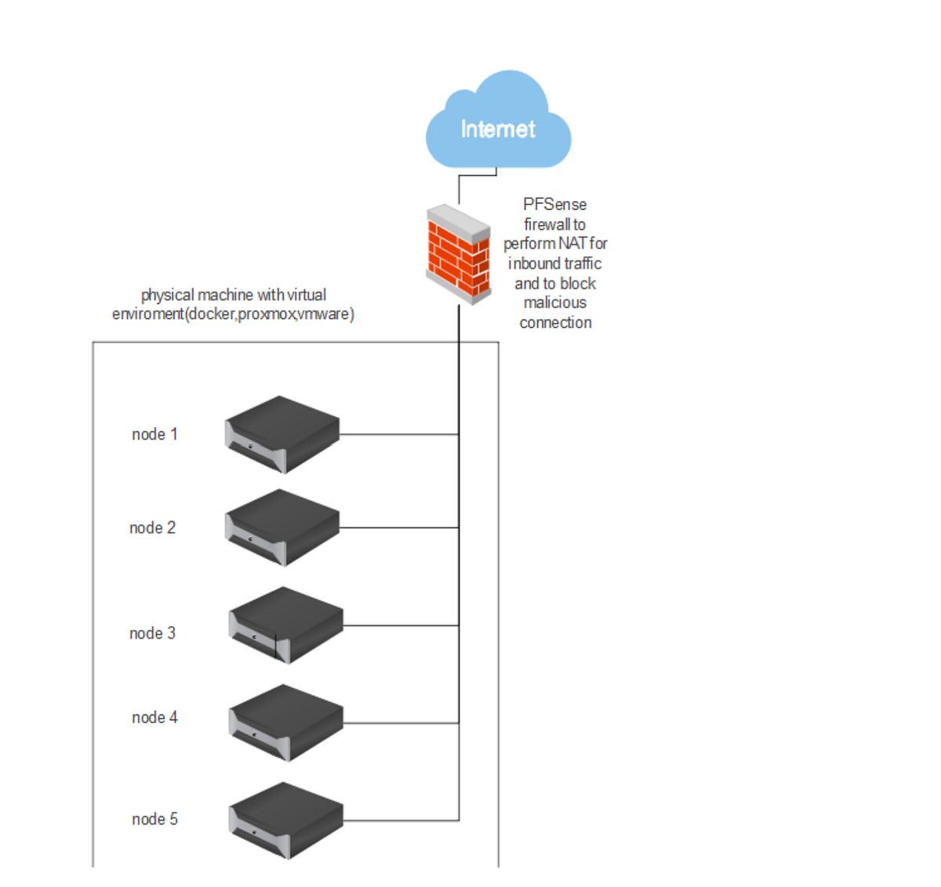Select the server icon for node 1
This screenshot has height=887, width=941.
click(x=282, y=434)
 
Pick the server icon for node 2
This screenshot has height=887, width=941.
click(x=282, y=527)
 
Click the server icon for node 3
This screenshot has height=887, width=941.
click(x=285, y=625)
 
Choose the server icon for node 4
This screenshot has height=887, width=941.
click(x=285, y=722)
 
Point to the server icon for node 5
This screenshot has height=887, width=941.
click(x=285, y=820)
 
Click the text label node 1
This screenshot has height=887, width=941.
click(x=154, y=434)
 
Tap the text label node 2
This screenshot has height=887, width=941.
click(x=152, y=528)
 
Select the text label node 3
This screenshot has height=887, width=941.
click(x=152, y=633)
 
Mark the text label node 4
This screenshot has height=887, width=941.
click(x=154, y=718)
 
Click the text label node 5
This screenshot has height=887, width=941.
click(x=154, y=820)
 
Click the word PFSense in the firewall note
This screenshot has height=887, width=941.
click(x=554, y=205)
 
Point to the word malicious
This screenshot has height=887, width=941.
click(x=554, y=302)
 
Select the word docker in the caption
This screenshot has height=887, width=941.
click(x=211, y=314)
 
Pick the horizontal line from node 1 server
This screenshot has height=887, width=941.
click(x=398, y=434)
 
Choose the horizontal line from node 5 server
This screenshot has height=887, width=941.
click(x=400, y=820)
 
